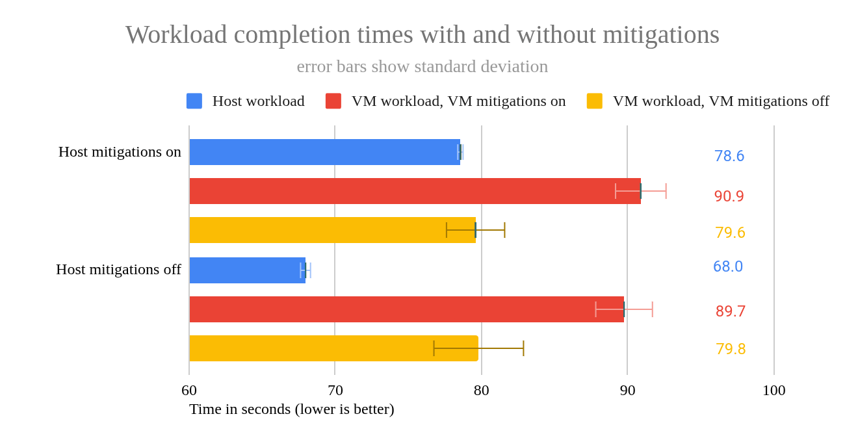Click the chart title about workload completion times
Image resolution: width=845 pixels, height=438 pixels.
click(422, 34)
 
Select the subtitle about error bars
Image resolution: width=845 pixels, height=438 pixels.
click(422, 66)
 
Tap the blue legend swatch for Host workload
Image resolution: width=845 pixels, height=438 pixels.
click(194, 101)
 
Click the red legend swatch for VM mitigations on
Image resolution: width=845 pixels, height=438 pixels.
click(333, 101)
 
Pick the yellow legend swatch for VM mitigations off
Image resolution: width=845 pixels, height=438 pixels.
click(594, 101)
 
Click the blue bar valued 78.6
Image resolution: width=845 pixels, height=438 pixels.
click(324, 152)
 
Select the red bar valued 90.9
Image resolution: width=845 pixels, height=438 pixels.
click(415, 191)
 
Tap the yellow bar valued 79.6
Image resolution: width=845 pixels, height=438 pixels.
click(332, 230)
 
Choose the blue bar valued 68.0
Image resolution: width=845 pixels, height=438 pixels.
click(247, 270)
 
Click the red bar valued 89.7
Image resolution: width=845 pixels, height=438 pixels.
click(406, 309)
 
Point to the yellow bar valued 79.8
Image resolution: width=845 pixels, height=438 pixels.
click(333, 348)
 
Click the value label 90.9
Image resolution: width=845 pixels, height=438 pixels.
click(729, 196)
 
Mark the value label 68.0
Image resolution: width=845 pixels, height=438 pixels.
click(727, 266)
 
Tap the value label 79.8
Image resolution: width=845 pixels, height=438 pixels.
click(731, 349)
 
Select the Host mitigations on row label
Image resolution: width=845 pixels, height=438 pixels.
click(120, 151)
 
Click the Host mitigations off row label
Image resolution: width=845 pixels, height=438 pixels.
click(118, 269)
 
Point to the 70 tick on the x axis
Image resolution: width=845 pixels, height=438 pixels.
click(335, 390)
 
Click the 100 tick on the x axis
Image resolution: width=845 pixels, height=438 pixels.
click(773, 390)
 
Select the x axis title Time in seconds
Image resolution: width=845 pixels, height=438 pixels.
click(291, 409)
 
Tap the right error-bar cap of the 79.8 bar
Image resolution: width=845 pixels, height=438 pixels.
click(523, 348)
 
